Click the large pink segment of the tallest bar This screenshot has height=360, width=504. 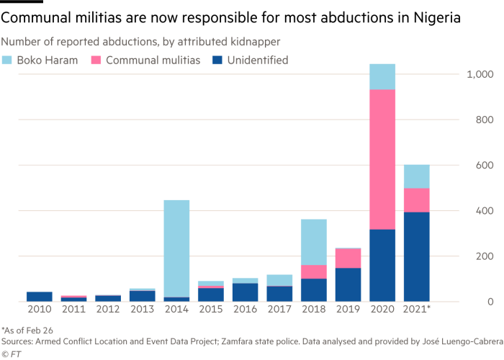point(382,158)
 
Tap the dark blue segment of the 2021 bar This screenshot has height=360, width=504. point(417,256)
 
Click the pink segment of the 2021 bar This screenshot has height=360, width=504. point(417,199)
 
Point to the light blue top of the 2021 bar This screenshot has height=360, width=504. point(417,176)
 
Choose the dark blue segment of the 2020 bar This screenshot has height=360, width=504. point(382,265)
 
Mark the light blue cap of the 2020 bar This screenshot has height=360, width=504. point(382,76)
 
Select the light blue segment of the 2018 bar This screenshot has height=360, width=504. point(313,241)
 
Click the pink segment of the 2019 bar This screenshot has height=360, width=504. point(348,258)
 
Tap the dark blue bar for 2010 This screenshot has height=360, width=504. point(40,296)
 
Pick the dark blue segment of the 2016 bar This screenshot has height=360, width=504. point(245,292)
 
